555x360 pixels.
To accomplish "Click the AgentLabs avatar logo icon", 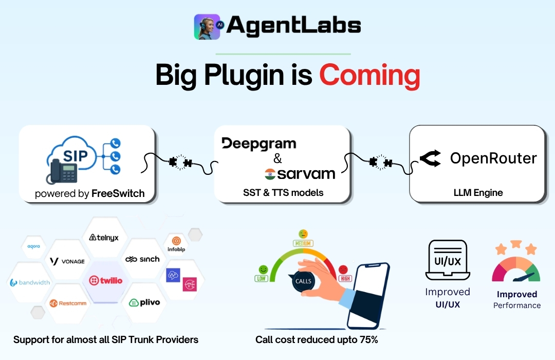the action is (x=207, y=27).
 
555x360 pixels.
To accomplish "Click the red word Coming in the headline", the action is (x=370, y=76).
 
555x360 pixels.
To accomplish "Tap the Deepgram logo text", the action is (x=258, y=144).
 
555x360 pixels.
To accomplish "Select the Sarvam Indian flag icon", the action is (x=270, y=174).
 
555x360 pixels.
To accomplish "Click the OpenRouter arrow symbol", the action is (x=431, y=158).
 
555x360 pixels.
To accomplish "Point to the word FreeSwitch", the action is (x=118, y=193).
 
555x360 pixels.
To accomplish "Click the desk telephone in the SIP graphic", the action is (x=63, y=171).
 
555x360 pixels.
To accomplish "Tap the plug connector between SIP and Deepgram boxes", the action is (x=180, y=163).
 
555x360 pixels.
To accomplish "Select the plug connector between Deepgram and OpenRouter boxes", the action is (x=380, y=163).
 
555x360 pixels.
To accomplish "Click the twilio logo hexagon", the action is (x=105, y=281).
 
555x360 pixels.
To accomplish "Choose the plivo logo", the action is (x=144, y=302).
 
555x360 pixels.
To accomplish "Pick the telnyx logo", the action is (x=104, y=238).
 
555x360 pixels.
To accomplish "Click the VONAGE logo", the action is (x=67, y=261).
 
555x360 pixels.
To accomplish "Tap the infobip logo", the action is (x=176, y=244).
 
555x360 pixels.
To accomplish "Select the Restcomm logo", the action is (x=68, y=303).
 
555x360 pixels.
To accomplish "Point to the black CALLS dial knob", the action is (x=303, y=281).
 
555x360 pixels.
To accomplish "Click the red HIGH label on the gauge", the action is (x=345, y=279).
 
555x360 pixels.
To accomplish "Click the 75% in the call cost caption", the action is (x=368, y=339).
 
